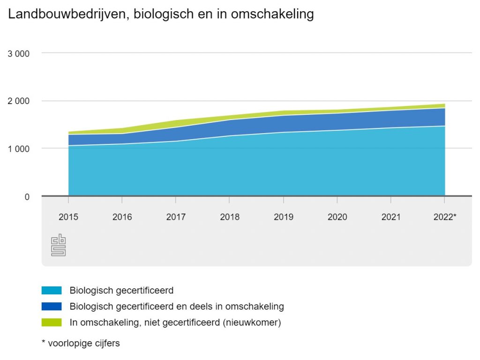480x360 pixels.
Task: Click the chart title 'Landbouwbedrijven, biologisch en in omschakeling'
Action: [161, 15]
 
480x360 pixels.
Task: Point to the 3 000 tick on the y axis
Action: [19, 53]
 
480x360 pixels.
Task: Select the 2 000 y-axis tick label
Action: [19, 101]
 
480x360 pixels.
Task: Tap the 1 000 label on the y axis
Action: [19, 149]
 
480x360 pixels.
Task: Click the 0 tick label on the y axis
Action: [27, 197]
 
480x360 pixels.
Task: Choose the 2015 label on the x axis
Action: [68, 217]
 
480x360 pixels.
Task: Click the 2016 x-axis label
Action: [122, 217]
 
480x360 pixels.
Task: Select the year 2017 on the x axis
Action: [176, 217]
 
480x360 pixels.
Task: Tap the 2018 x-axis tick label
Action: [230, 217]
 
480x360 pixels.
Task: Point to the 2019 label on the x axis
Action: [284, 217]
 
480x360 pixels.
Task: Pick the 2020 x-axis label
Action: [337, 217]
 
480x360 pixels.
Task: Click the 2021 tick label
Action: [391, 217]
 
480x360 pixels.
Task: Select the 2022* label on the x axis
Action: [445, 217]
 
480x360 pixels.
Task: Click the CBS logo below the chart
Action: [58, 246]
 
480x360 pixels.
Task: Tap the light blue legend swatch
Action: [52, 291]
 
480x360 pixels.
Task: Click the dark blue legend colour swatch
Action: [52, 307]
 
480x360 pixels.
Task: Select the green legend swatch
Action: [52, 322]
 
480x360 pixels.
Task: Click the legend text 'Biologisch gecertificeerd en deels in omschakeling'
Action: [177, 307]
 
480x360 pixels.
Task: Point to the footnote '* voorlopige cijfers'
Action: [81, 343]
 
